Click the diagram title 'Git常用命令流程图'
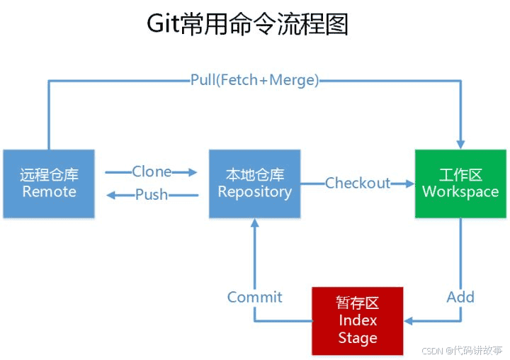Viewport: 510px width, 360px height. point(247,25)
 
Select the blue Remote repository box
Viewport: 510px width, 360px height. point(48,183)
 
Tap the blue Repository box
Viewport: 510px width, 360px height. point(254,183)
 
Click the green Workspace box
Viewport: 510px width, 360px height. point(460,183)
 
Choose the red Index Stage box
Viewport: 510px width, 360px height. point(358,320)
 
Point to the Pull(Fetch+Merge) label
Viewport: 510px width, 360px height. point(254,80)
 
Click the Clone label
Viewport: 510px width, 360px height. point(151,171)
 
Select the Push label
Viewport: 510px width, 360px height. point(151,195)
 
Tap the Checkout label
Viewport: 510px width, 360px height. point(358,184)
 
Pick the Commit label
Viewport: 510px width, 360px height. point(254,297)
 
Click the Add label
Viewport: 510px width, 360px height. point(460,297)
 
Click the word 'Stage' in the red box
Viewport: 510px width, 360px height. point(358,338)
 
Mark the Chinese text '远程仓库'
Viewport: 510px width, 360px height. point(48,174)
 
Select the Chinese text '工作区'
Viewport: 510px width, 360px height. point(460,174)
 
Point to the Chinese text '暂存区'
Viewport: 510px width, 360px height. point(358,303)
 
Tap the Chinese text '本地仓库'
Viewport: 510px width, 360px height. point(254,174)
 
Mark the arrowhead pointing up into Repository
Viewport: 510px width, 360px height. point(254,224)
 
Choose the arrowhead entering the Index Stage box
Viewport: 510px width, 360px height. point(409,321)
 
